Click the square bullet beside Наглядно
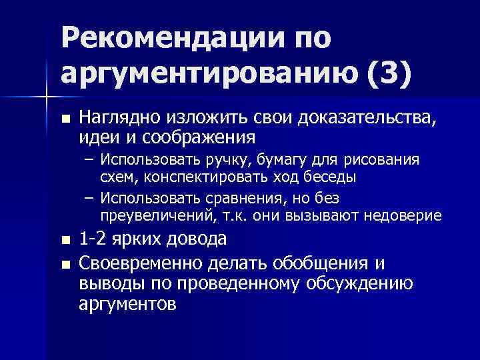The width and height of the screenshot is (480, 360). point(64,119)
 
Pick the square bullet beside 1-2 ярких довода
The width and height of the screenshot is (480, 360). point(64,240)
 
